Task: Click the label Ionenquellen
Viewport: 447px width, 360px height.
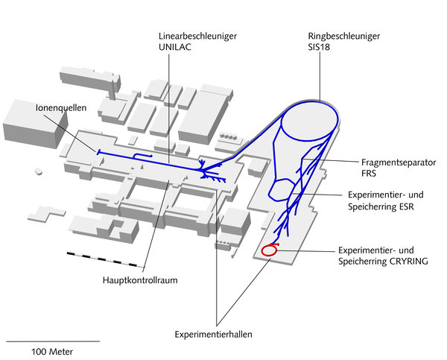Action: tap(61, 107)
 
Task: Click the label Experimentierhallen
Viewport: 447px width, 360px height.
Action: tap(214, 335)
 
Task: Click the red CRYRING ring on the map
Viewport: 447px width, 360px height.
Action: tap(270, 250)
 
